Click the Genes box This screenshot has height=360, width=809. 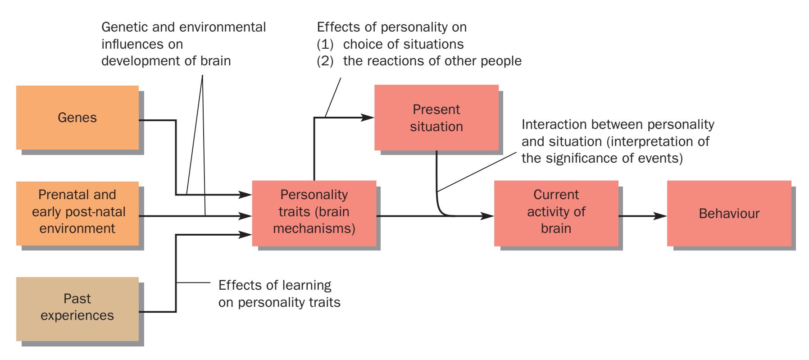[77, 118]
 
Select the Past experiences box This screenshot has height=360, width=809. [77, 309]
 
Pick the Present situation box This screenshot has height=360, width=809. [436, 118]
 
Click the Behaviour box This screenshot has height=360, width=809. [729, 213]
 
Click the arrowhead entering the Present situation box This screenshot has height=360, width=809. [368, 118]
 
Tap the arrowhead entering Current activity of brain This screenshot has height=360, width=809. [488, 216]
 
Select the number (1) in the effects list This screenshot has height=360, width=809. [325, 44]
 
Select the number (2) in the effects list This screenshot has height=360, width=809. [325, 61]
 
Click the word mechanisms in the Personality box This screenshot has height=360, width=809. [314, 228]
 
